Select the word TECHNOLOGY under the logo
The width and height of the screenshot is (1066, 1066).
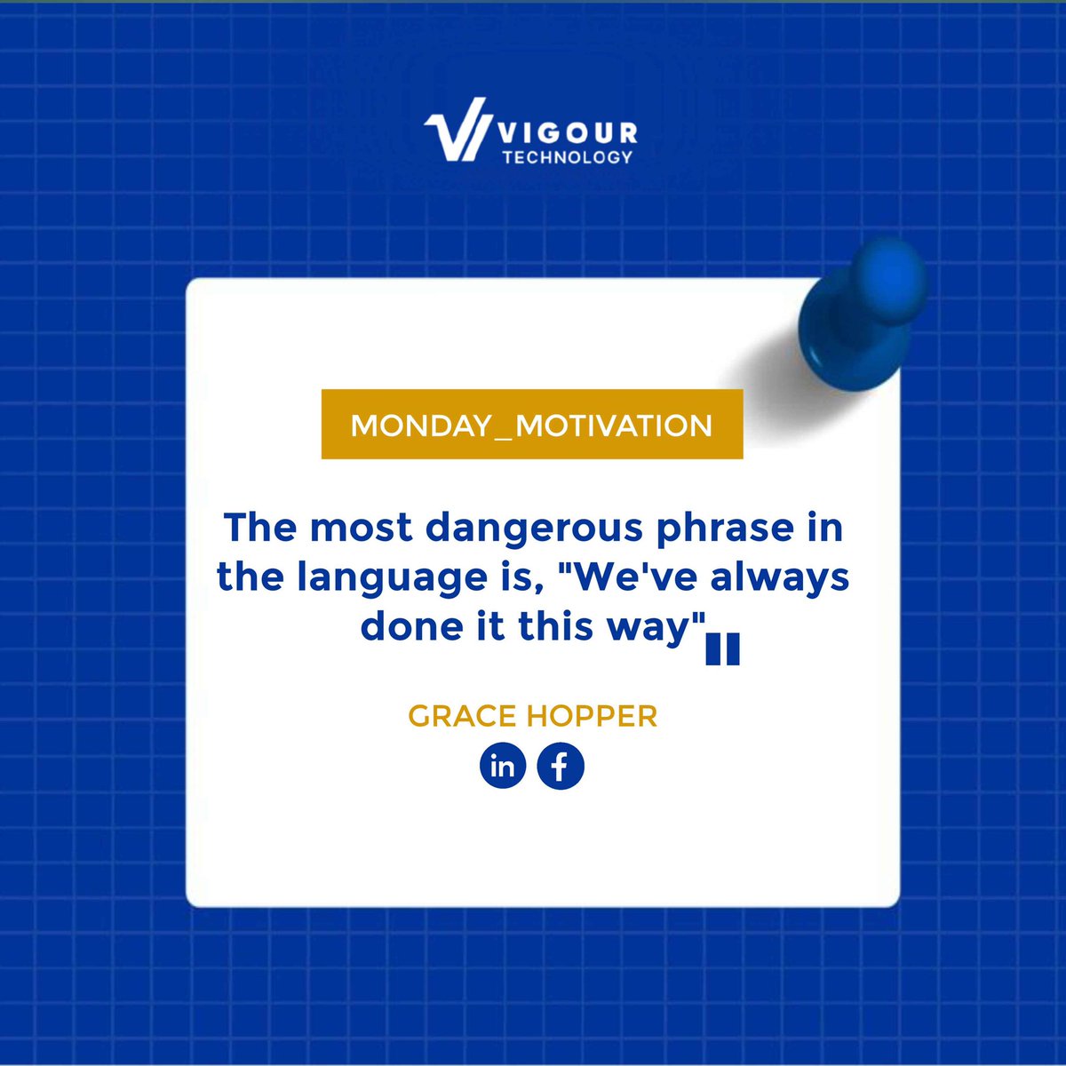coord(567,157)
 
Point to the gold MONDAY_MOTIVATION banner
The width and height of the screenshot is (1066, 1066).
coord(531,424)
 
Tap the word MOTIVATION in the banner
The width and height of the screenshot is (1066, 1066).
coord(614,425)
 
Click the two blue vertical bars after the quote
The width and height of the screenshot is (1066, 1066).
coord(722,649)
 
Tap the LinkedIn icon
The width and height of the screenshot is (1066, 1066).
coord(503,766)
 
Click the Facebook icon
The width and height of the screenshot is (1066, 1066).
coord(561,766)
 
